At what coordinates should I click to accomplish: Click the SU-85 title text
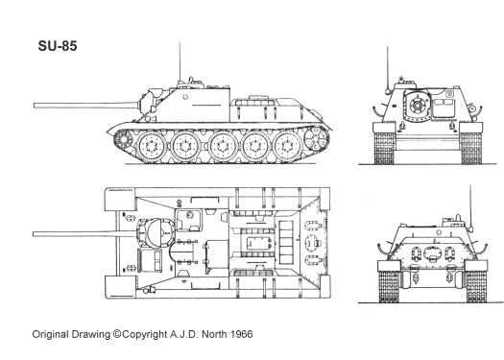point(58,46)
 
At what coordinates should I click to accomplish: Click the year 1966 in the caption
point(241,334)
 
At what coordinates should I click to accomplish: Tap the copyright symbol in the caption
point(117,334)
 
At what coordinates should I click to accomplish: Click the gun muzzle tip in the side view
point(35,106)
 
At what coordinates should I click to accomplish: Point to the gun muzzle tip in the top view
point(34,234)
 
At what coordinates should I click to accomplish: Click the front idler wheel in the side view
point(123,139)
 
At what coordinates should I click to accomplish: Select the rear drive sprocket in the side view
point(317,138)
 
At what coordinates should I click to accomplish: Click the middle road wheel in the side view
point(221,146)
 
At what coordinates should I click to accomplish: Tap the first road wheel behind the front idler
point(150,146)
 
